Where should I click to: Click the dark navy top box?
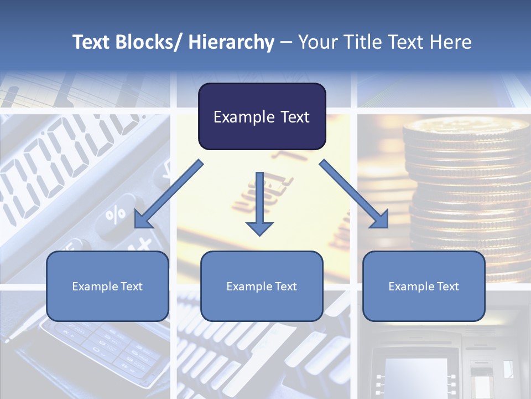(x=262, y=116)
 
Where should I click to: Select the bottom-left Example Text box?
(x=107, y=286)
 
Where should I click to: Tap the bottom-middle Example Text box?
(x=262, y=286)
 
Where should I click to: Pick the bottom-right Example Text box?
(x=424, y=286)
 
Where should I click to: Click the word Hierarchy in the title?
(x=231, y=42)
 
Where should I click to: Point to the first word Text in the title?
(x=91, y=42)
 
